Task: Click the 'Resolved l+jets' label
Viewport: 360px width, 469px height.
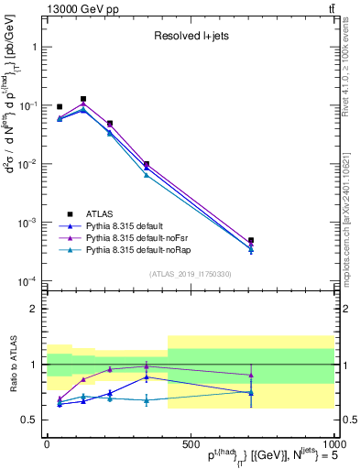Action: (x=191, y=37)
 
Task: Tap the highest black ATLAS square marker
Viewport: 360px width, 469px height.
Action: (x=83, y=99)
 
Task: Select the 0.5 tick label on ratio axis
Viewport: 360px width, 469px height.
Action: (x=30, y=420)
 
